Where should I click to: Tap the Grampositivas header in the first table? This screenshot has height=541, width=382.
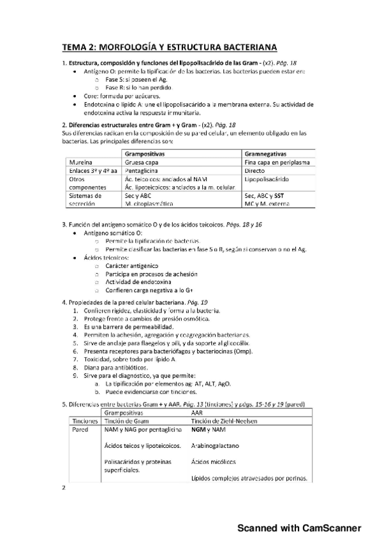tap(145, 154)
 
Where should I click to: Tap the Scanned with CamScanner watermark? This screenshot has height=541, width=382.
tap(300, 528)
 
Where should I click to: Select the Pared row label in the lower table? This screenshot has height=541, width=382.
tap(79, 431)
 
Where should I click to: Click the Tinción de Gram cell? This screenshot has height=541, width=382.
tap(130, 421)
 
